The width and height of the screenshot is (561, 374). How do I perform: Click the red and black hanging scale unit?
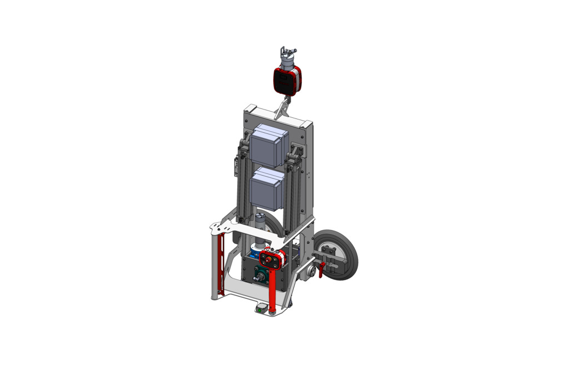pos(287,80)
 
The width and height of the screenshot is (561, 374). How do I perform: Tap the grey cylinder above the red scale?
pos(288,62)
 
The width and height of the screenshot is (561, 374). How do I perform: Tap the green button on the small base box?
pos(261,310)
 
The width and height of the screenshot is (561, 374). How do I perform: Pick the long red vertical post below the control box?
pos(273,292)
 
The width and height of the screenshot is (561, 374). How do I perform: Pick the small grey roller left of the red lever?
pos(309,272)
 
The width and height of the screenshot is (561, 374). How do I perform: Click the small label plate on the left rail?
pos(236,166)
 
